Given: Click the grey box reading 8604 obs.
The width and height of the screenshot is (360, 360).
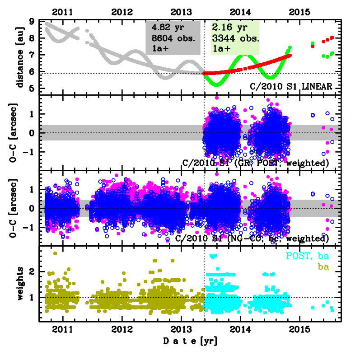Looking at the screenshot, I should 173,38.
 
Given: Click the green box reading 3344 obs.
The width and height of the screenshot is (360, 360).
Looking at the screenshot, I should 231,38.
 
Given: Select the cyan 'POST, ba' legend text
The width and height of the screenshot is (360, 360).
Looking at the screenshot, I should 307,257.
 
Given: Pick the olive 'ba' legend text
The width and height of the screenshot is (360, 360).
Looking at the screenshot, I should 323,267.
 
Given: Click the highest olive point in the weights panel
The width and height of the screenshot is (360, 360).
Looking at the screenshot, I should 55,253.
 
